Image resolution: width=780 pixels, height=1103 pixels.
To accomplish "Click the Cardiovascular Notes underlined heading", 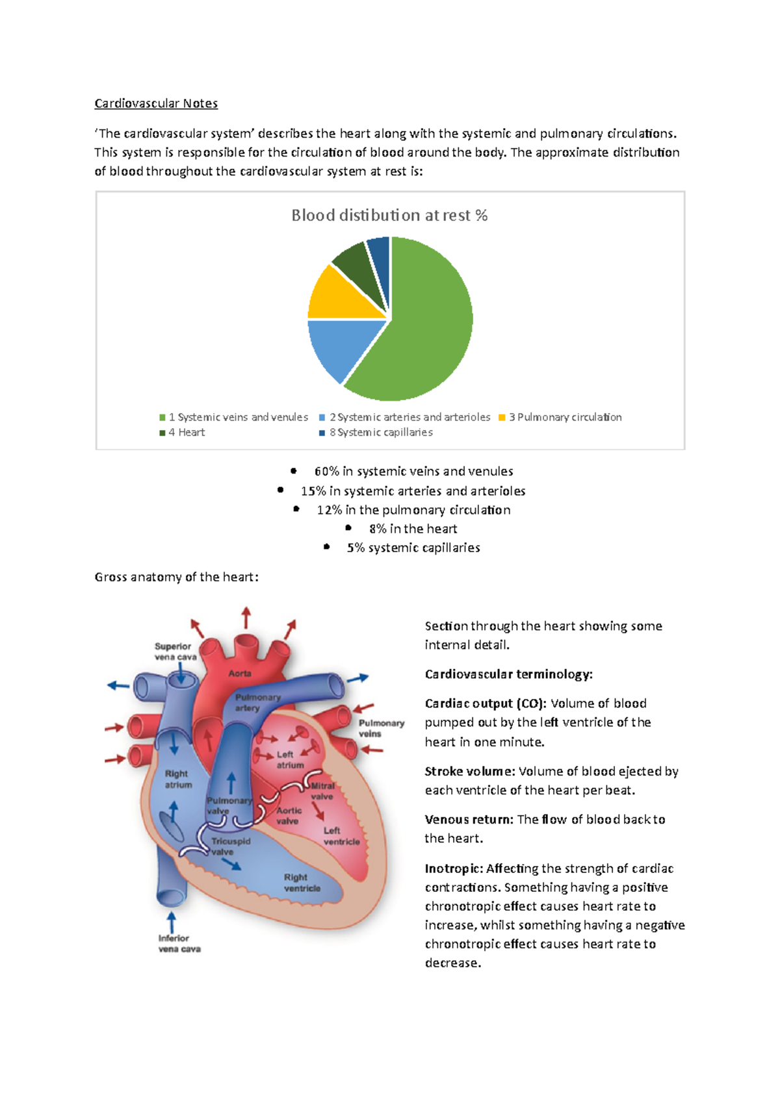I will [156, 103].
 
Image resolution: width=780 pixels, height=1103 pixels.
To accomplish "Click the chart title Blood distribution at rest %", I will [389, 215].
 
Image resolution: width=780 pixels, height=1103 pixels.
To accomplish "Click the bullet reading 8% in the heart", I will [413, 529].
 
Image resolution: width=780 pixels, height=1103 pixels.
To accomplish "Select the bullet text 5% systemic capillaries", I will [413, 548].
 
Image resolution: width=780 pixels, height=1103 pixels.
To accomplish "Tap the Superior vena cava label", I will [174, 652].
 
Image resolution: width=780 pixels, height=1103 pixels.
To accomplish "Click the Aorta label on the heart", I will [240, 674].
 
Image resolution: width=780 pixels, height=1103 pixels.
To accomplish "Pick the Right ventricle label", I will [302, 883].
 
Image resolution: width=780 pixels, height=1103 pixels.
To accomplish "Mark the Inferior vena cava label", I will [179, 943].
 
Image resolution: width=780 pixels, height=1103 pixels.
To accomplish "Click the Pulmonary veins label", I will [381, 728].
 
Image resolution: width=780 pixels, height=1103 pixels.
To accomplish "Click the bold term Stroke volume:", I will [469, 771].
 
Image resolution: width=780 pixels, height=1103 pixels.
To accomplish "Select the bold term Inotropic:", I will [454, 868].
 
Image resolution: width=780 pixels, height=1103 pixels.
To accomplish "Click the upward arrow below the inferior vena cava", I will [172, 922].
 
